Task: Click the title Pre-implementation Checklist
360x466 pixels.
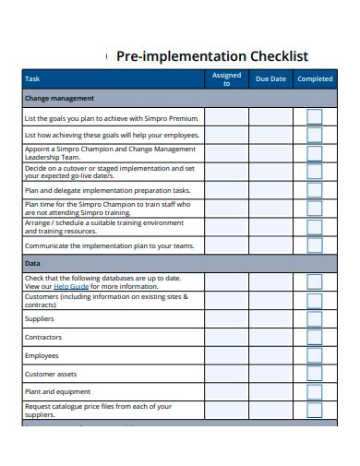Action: point(212,55)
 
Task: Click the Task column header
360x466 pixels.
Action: point(32,79)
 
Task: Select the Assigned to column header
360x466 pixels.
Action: point(226,79)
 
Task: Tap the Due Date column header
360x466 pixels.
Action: point(270,79)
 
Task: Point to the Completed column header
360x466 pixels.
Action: point(315,79)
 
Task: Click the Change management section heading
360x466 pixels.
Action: point(59,98)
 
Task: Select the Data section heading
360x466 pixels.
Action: point(32,263)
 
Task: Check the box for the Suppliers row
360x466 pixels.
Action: point(315,318)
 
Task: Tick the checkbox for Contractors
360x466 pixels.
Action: point(315,337)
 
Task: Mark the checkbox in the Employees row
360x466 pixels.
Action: point(315,355)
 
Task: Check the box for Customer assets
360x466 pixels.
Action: point(315,374)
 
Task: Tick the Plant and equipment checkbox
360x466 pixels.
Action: point(315,392)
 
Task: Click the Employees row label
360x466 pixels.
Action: point(42,355)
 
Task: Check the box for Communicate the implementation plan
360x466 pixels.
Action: point(315,245)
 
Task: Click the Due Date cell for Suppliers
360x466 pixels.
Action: point(270,318)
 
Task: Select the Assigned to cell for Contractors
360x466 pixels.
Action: point(226,337)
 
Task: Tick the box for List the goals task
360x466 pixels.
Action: point(315,117)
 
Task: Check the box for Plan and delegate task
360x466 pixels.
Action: point(315,190)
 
